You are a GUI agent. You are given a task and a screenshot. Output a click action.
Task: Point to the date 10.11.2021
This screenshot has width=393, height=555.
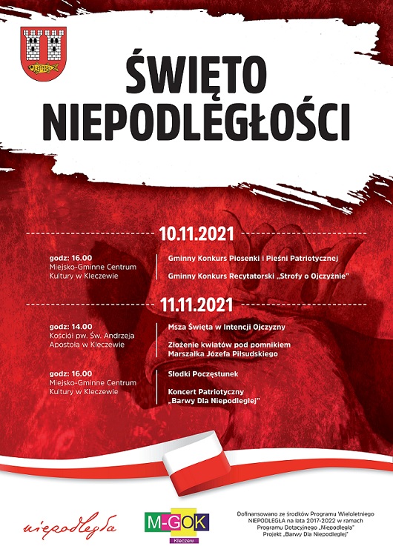[196, 234]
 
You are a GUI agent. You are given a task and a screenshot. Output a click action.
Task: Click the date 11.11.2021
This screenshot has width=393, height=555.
[196, 304]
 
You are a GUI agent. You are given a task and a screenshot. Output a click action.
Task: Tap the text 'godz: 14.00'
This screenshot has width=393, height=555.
[72, 326]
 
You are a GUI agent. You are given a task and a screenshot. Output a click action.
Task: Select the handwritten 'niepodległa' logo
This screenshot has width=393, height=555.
[70, 528]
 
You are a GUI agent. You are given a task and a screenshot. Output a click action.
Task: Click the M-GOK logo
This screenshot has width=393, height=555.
[176, 520]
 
